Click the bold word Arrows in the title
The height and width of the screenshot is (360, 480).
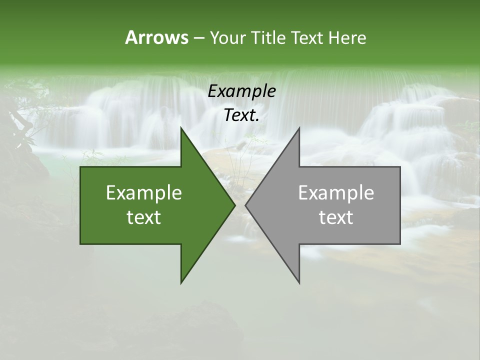pyautogui.click(x=156, y=37)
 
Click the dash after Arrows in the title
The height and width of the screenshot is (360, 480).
pyautogui.click(x=198, y=38)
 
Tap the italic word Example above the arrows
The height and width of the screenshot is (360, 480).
pyautogui.click(x=241, y=91)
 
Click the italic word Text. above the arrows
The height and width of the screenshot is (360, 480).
pyautogui.click(x=241, y=115)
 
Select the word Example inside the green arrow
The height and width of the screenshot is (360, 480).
pyautogui.click(x=144, y=192)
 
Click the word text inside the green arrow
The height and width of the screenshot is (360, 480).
pyautogui.click(x=144, y=217)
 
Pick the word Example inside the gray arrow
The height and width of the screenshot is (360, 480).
pyautogui.click(x=336, y=192)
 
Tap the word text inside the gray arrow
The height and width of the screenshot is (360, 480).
pyautogui.click(x=336, y=217)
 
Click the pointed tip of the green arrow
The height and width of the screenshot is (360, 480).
pyautogui.click(x=234, y=205)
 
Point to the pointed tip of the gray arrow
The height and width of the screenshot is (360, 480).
pyautogui.click(x=246, y=205)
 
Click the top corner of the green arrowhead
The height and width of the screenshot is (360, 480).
pyautogui.click(x=181, y=128)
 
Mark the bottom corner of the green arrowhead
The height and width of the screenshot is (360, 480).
pyautogui.click(x=181, y=282)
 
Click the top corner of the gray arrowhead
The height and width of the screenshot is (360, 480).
pyautogui.click(x=299, y=128)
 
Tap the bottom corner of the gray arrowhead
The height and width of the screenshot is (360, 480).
pyautogui.click(x=299, y=282)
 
